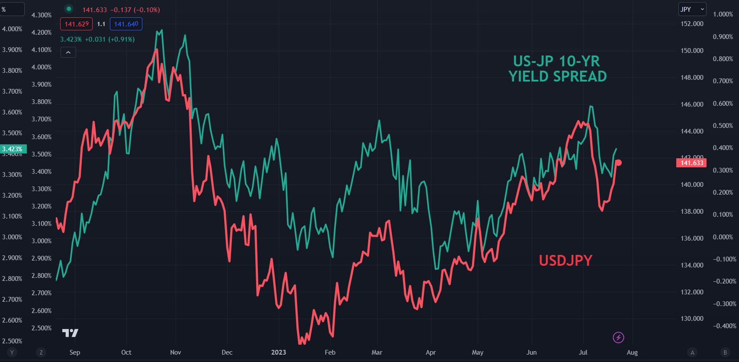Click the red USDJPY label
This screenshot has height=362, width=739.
tap(565, 260)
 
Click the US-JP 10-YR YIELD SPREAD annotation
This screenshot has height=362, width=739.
tap(557, 69)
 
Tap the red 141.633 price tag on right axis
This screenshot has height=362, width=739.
tap(691, 163)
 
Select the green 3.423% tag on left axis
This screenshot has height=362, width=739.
tap(13, 149)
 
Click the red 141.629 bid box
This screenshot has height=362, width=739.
tap(77, 24)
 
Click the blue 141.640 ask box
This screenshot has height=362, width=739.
tap(126, 24)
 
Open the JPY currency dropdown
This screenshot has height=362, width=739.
tap(692, 9)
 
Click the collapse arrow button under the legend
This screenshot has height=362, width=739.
tap(68, 52)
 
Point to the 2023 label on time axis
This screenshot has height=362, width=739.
tap(278, 352)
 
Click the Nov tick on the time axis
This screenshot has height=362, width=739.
tap(175, 352)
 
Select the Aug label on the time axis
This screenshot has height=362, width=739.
tap(632, 352)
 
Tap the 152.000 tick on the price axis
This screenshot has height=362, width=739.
tap(692, 23)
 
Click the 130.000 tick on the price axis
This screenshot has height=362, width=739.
tap(692, 318)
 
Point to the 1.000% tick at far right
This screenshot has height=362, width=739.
tap(723, 14)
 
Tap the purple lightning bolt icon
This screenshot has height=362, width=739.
tap(618, 337)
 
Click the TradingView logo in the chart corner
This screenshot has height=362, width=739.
tap(70, 333)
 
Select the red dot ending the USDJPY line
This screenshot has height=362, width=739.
tap(619, 163)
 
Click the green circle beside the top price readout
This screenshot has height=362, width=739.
tap(69, 9)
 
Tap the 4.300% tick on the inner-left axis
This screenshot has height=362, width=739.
tap(42, 15)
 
